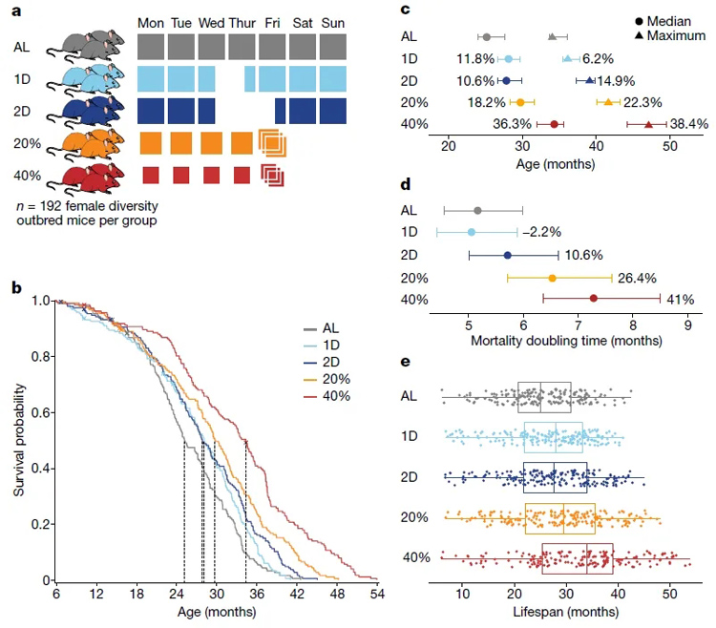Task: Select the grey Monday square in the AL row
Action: (151, 47)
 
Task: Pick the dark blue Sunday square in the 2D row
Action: (334, 111)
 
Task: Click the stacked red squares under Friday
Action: (273, 175)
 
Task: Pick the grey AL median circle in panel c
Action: (487, 37)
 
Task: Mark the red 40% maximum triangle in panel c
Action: (649, 124)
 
